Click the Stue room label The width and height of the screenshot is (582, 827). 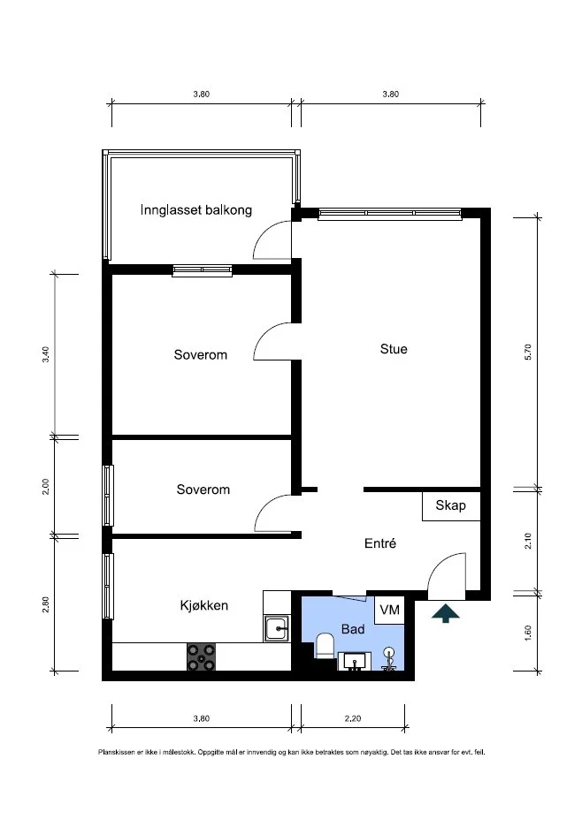coord(394,349)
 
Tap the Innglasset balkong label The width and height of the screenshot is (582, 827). coord(196,210)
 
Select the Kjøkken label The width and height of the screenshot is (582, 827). coord(203,605)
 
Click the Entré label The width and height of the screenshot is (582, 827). coord(380,543)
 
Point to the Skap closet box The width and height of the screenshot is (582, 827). coord(451,506)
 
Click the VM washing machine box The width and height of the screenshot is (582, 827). coord(390,610)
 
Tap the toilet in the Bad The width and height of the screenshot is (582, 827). coord(325,646)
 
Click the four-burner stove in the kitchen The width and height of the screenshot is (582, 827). coord(201,656)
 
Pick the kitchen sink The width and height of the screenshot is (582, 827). coord(276,628)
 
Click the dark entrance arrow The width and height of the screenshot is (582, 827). coord(445,613)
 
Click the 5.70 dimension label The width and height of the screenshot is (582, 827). coord(528,352)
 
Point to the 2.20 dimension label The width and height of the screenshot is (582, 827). coord(353,718)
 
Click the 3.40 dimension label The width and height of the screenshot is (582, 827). coord(46,354)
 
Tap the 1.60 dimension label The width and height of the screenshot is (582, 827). coord(528,633)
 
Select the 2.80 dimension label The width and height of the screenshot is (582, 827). coord(46,604)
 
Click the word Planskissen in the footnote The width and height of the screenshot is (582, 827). coord(114,752)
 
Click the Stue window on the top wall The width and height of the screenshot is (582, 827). coord(390,213)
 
